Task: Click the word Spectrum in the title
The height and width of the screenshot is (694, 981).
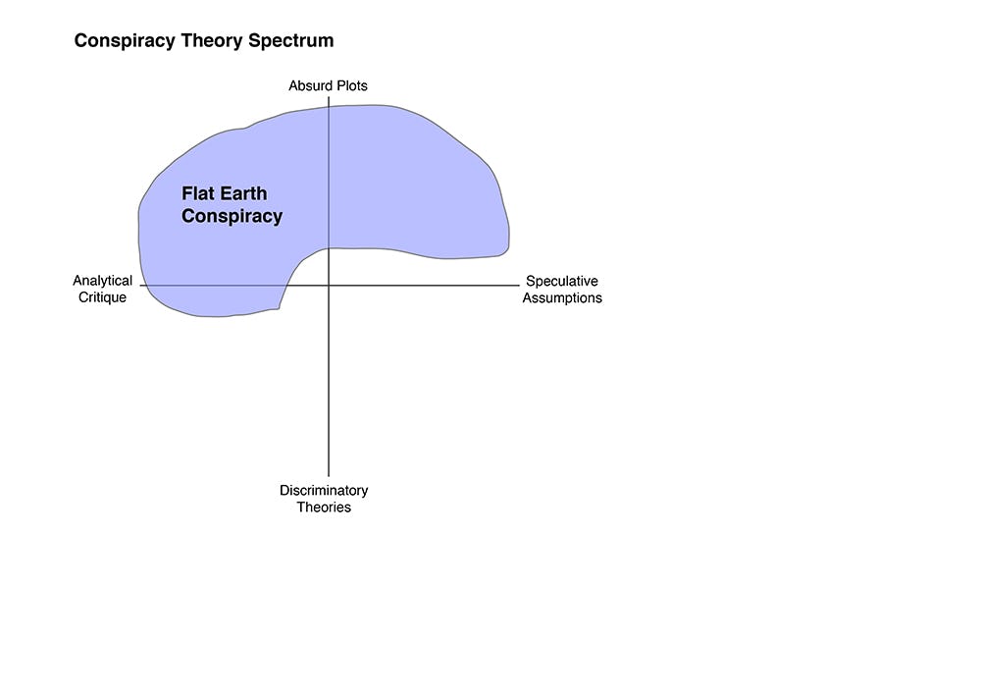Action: (291, 41)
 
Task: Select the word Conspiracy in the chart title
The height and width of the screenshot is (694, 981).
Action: (125, 41)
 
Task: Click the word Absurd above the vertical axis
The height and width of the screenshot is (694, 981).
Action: (309, 85)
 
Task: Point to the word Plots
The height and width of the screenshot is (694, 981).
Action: (351, 85)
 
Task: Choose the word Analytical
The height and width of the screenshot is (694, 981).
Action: (103, 281)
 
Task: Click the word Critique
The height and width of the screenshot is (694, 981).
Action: (103, 297)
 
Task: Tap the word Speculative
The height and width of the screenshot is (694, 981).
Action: (562, 281)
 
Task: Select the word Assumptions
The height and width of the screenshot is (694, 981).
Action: (562, 297)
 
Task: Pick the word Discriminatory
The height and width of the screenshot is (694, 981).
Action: (324, 490)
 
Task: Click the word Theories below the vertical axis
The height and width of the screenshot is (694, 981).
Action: (324, 507)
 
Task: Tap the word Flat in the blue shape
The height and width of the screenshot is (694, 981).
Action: (197, 193)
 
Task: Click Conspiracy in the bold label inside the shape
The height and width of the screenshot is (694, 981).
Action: (232, 216)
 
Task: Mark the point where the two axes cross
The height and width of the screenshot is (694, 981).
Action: (329, 286)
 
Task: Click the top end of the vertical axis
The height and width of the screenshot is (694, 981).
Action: (329, 97)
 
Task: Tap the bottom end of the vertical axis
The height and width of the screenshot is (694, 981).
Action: (329, 476)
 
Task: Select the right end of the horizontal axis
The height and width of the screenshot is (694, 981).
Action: (519, 286)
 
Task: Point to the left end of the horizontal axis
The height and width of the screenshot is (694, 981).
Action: (140, 286)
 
